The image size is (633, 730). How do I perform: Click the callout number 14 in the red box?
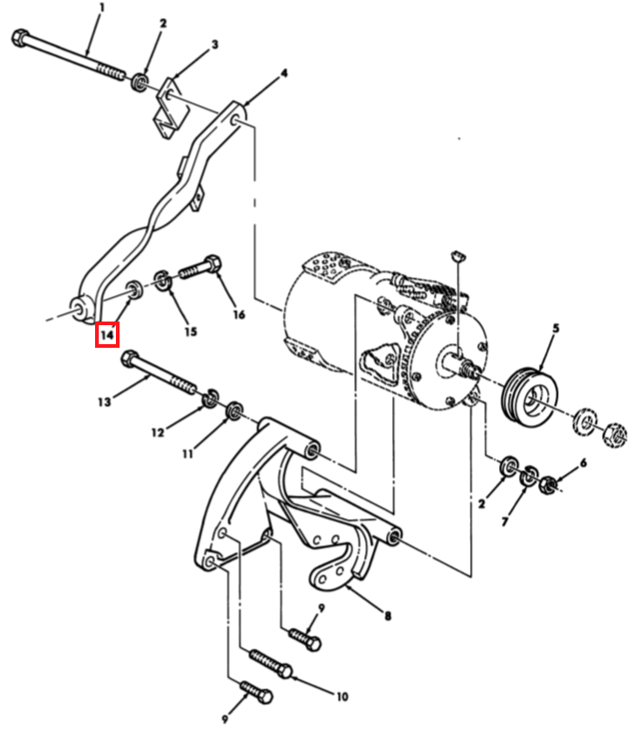coord(107,334)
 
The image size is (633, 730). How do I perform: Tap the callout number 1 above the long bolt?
coord(102,7)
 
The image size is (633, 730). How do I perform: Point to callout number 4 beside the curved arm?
coord(284,73)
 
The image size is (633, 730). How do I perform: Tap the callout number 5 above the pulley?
coord(556,328)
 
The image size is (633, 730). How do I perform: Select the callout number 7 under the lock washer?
coord(505,521)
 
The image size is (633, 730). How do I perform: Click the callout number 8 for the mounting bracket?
coord(388,616)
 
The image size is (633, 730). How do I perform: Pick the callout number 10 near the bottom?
coord(342,696)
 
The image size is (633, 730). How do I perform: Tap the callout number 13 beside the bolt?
coord(104,402)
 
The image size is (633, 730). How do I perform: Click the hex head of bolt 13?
coord(129,360)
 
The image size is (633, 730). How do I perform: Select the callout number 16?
coord(238,314)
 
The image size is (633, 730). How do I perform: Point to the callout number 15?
coord(190,331)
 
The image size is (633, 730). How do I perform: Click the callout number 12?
coord(158,432)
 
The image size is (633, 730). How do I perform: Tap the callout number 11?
coord(187,453)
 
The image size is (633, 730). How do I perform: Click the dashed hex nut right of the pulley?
coord(614,435)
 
